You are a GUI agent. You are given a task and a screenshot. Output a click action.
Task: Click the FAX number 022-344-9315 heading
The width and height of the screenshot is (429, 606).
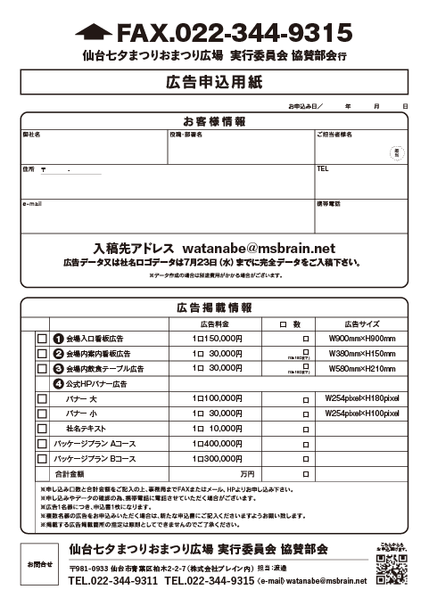pos(235,34)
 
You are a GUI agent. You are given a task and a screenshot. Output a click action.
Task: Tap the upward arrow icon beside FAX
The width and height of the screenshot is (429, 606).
pos(94,34)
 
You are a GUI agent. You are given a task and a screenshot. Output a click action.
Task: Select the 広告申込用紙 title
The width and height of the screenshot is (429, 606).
pos(214,83)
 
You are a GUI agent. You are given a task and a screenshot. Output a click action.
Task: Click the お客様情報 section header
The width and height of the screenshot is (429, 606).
pos(214,121)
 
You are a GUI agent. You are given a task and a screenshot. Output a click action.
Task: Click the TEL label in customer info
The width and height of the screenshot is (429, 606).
pos(323,168)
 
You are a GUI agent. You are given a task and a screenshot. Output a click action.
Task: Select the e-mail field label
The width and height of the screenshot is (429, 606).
pos(32,204)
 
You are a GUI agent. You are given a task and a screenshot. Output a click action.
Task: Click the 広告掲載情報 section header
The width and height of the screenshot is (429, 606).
pos(214,307)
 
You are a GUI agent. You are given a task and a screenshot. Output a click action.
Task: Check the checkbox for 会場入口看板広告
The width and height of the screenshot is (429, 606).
pos(42,340)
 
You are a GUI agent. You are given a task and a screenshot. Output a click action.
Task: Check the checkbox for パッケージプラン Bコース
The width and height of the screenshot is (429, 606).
pos(42,459)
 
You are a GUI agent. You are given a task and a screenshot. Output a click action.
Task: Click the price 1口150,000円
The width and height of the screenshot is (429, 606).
pos(218,340)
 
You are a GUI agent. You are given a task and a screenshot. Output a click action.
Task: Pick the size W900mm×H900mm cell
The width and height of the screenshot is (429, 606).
pos(361,340)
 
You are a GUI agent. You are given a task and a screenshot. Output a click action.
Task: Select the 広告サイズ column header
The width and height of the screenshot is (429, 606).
pos(361,323)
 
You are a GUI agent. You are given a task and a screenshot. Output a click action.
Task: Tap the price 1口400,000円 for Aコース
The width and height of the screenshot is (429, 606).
pos(218,444)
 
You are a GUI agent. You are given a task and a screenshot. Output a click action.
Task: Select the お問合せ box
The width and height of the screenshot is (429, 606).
pos(39,564)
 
